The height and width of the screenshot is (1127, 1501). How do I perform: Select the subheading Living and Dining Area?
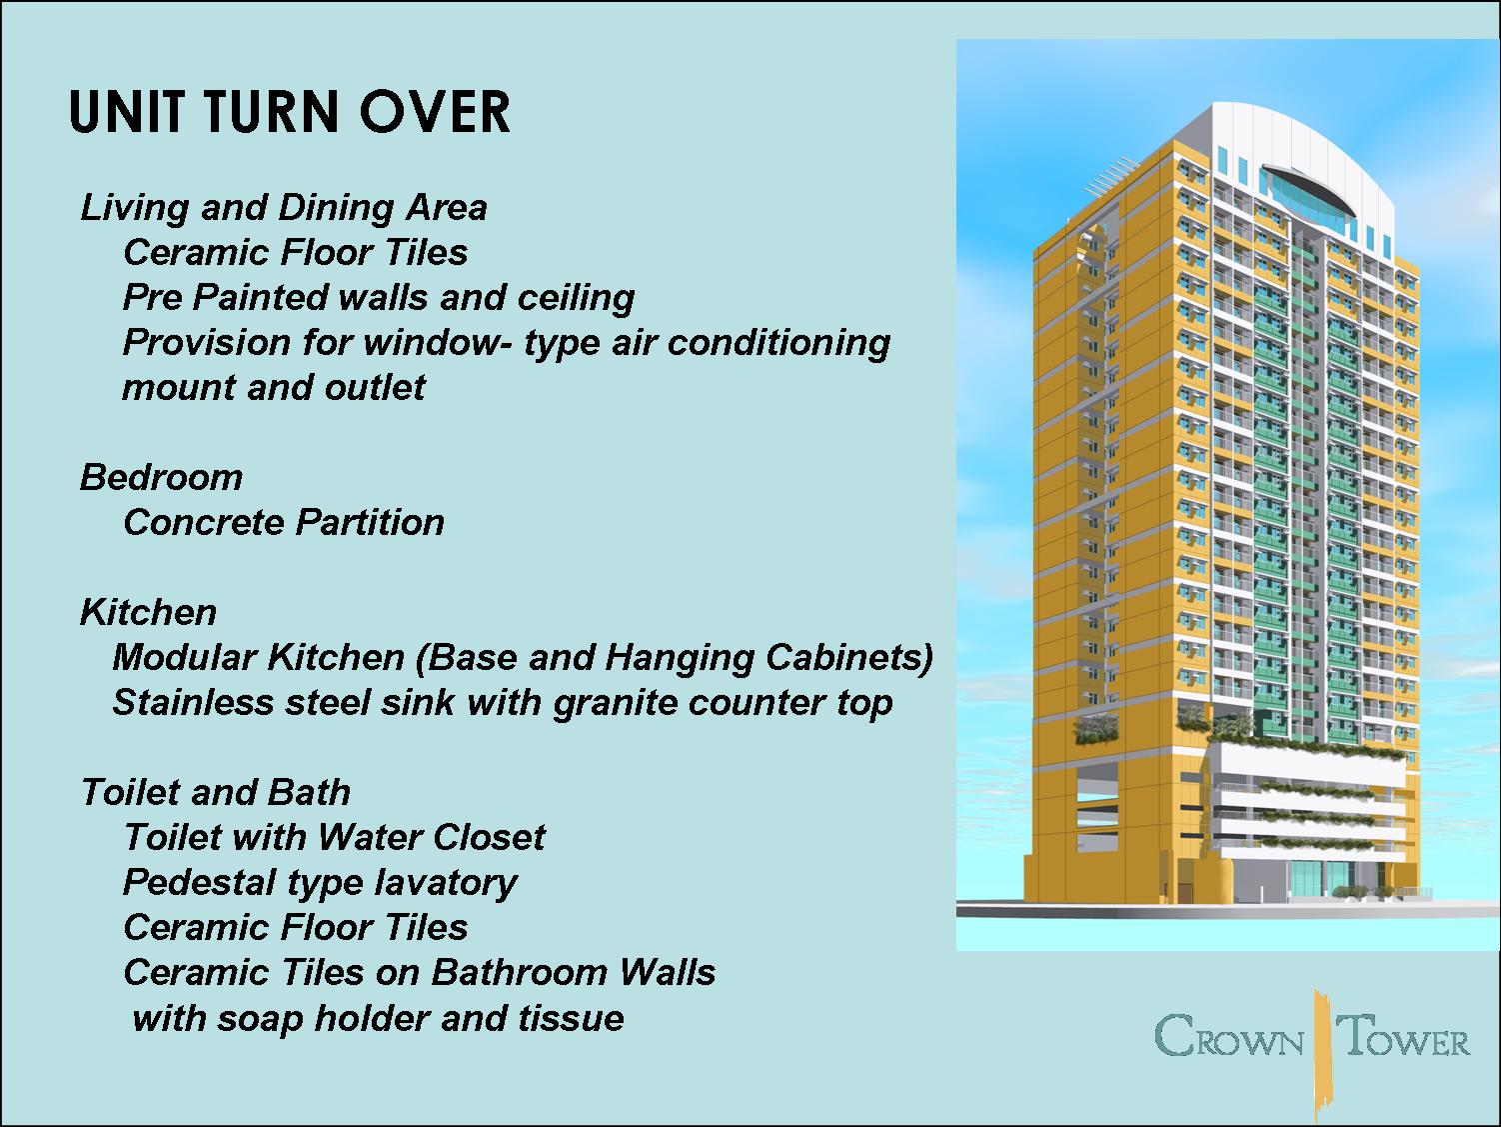pos(284,207)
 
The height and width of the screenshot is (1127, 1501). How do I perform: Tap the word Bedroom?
pos(161,477)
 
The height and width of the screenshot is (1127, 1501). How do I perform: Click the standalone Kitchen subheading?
pos(148,612)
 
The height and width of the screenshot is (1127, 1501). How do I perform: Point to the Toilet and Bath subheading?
pos(215,792)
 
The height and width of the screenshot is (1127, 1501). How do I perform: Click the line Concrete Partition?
pos(284,522)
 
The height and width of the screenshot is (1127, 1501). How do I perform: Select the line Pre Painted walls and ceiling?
pos(379,297)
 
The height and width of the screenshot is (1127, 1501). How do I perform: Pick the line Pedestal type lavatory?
pos(320,882)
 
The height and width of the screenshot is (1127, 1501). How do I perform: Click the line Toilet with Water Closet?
pos(334,837)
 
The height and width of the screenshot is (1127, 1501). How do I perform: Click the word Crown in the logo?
pos(1229,1037)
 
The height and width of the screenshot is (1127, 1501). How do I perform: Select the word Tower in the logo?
pos(1405,1037)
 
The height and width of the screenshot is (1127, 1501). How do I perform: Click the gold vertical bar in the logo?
pos(1323,1050)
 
